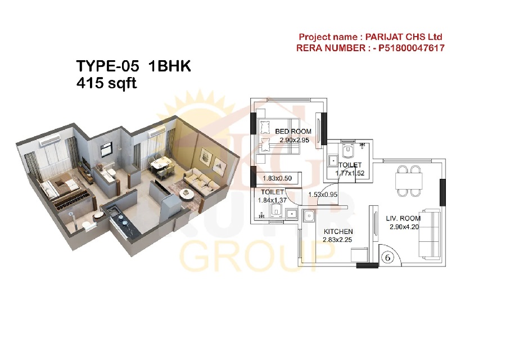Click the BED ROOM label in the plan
pyautogui.click(x=293, y=132)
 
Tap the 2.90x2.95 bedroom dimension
pyautogui.click(x=294, y=140)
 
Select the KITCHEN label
pyautogui.click(x=338, y=232)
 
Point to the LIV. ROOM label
pyautogui.click(x=403, y=218)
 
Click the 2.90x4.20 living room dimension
pyautogui.click(x=404, y=227)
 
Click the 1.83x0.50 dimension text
pyautogui.click(x=277, y=178)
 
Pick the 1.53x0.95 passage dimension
pyautogui.click(x=323, y=195)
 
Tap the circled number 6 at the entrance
pyautogui.click(x=387, y=257)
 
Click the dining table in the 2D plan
pyautogui.click(x=409, y=181)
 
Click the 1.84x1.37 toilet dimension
pyautogui.click(x=272, y=200)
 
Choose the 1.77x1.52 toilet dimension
pyautogui.click(x=350, y=173)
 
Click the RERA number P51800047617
pyautogui.click(x=412, y=48)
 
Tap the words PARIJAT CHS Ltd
pyautogui.click(x=403, y=37)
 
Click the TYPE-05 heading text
pyautogui.click(x=108, y=66)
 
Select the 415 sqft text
pyautogui.click(x=106, y=83)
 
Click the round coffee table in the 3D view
pyautogui.click(x=186, y=193)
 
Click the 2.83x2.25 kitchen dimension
pyautogui.click(x=337, y=240)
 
